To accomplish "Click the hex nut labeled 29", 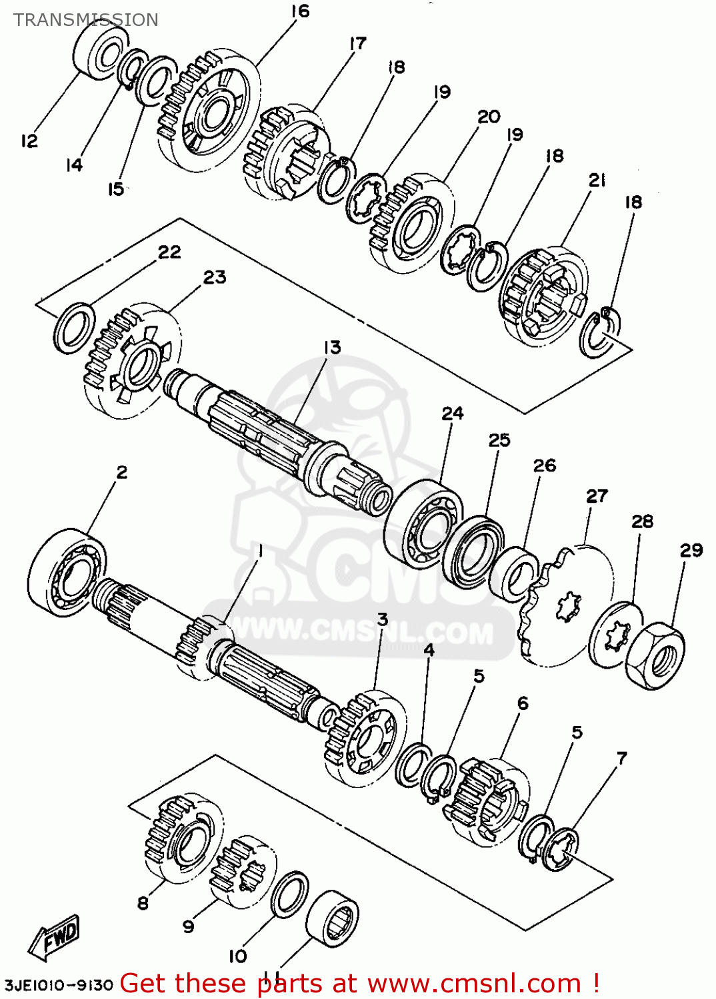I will click(656, 656).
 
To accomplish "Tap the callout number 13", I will click(332, 348).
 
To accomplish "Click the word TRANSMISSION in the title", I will click(86, 20).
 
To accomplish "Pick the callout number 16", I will click(301, 11).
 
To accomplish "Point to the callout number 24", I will click(452, 414).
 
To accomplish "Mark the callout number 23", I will click(215, 277).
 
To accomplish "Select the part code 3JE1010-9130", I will click(59, 984).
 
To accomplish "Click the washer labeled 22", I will click(73, 327).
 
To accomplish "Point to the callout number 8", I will click(143, 903).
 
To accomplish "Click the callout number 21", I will click(597, 180).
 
